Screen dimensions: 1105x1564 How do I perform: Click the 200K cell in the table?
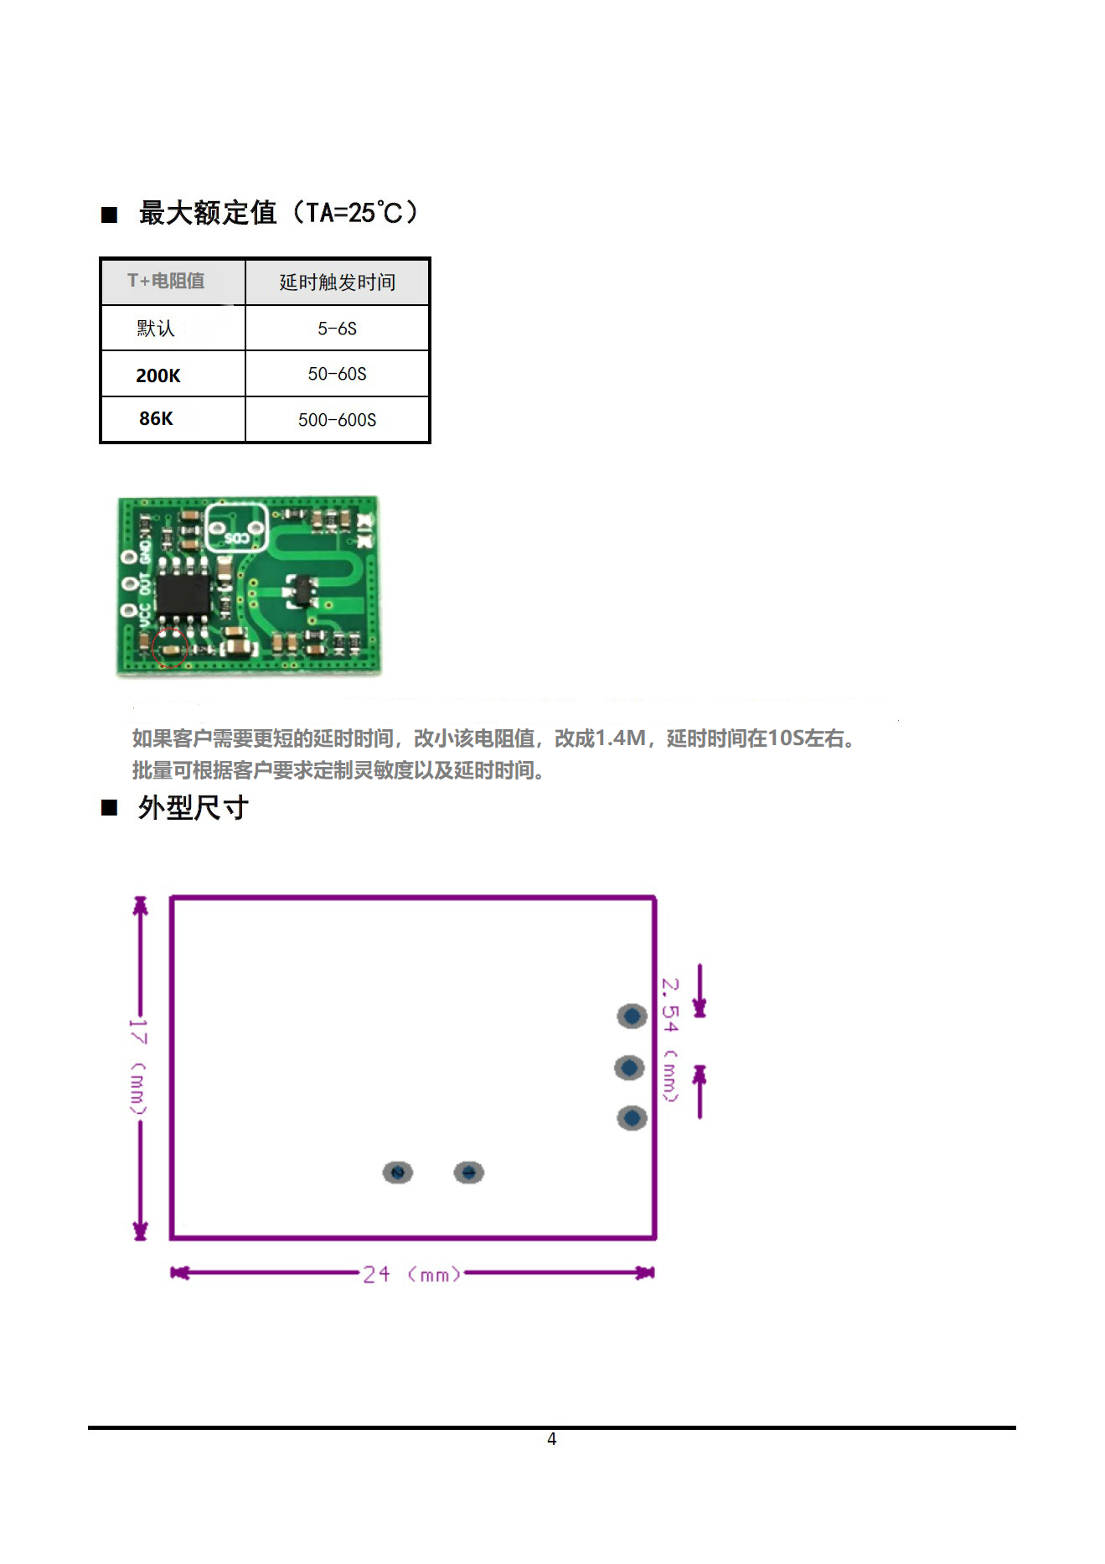coord(158,375)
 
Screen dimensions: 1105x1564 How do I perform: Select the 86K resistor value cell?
coord(157,418)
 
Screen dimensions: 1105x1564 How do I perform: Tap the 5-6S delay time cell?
coord(337,329)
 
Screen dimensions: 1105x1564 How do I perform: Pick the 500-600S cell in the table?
coord(337,420)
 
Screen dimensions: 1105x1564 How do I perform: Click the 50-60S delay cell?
coord(337,374)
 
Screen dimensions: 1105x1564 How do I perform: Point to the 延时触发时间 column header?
coord(337,282)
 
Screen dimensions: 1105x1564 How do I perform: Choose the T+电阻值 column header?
coord(166,281)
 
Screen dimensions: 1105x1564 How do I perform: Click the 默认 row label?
coord(156,329)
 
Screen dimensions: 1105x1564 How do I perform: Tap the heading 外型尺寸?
coord(193,808)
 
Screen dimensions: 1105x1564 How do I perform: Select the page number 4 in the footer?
coord(551,1439)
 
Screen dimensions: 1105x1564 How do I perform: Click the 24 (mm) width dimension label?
coord(411,1275)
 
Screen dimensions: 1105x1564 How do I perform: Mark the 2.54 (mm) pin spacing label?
coord(670,1039)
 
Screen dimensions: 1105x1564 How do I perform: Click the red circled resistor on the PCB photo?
coord(171,648)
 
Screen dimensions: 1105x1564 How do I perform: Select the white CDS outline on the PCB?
coord(236,527)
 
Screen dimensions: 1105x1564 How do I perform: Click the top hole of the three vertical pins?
coord(632,1017)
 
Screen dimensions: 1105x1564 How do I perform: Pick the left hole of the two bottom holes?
coord(398,1173)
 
